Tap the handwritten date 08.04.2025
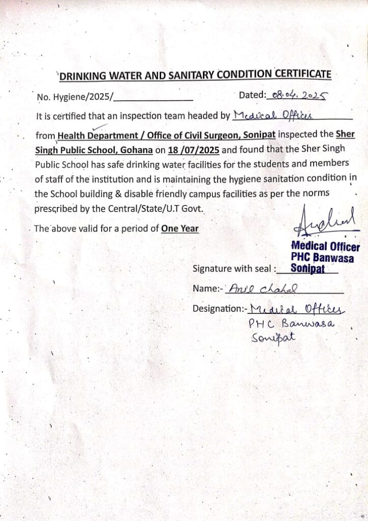pos(299,95)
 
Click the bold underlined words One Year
pos(179,228)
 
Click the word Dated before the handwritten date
pos(252,95)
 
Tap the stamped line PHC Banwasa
pos(323,258)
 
